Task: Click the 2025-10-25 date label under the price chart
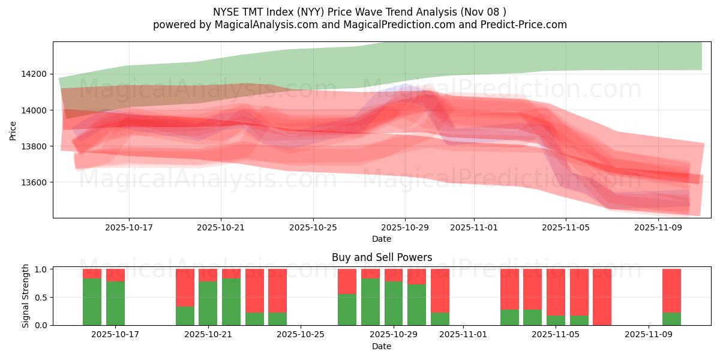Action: pos(313,227)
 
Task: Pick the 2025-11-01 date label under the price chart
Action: pos(473,227)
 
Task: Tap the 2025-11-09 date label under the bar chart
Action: pos(649,335)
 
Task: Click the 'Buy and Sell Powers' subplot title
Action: pos(382,257)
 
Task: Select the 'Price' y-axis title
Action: pos(13,130)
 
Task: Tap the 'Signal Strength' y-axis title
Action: pos(25,296)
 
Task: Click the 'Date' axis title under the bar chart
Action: pos(382,346)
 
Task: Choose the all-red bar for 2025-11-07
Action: pos(602,297)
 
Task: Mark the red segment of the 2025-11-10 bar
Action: pos(671,290)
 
